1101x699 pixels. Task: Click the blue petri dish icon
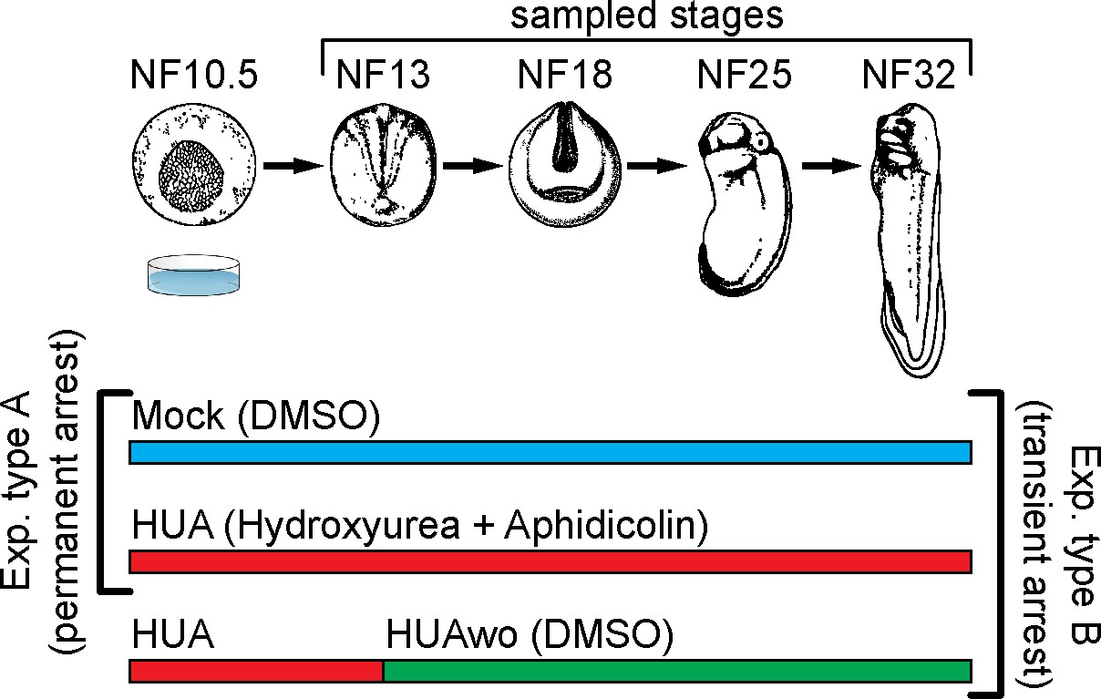pos(195,274)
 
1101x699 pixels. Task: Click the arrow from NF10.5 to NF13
pos(293,166)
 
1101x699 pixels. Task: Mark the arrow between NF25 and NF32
pos(833,166)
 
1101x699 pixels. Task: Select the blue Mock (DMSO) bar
pos(550,452)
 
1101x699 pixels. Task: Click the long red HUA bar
pos(550,561)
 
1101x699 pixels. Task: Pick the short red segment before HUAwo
pos(256,672)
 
